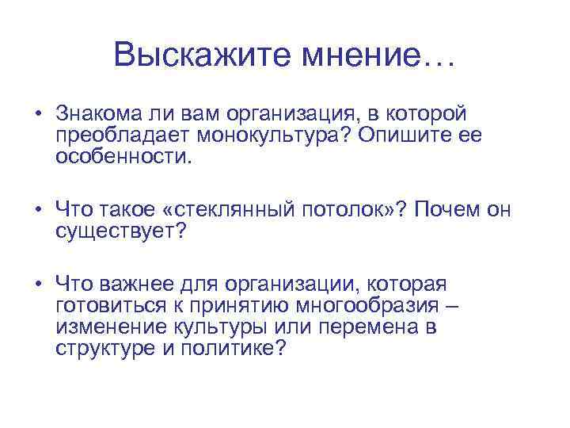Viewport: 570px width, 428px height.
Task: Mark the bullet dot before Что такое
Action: point(37,209)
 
